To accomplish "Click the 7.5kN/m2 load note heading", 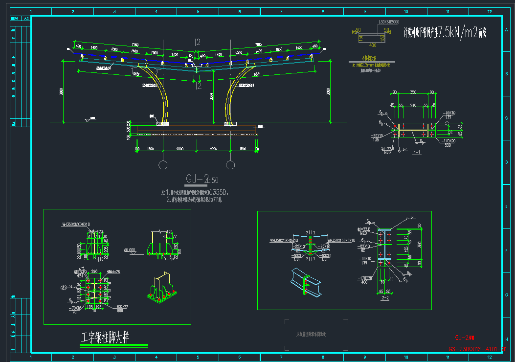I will coord(445,33).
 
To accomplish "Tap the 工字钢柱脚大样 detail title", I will coord(105,337).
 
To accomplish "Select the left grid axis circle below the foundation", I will coord(163,164).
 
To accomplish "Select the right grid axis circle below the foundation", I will coord(230,164).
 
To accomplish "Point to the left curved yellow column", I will coord(164,103).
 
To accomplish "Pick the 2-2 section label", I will coord(384,297).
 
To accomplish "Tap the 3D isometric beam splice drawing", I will coord(305,282).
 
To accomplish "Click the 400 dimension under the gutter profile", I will coord(373,45).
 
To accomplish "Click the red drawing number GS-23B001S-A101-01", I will coord(477,349).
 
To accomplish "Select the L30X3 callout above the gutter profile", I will coord(389,22).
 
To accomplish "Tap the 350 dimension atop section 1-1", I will coord(413,92).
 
